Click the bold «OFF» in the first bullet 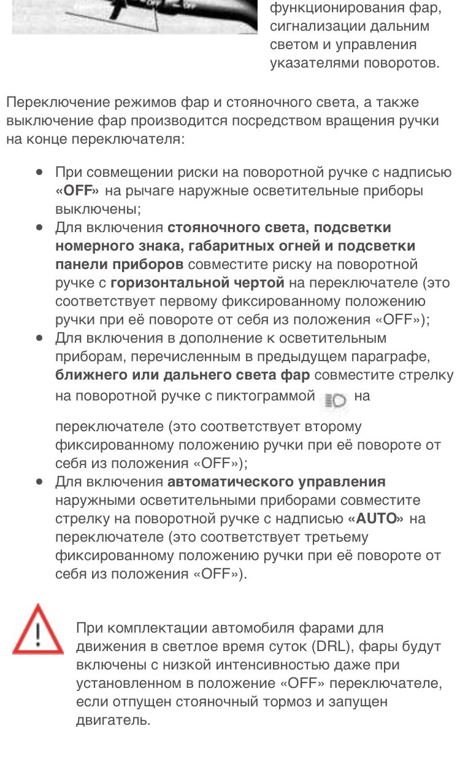tap(79, 190)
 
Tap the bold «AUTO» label tap(375, 518)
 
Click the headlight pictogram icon tap(334, 399)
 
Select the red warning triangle tap(38, 630)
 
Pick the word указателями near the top tap(315, 63)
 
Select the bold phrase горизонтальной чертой tap(197, 283)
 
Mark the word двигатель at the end tap(113, 720)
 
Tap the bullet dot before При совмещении tap(39, 173)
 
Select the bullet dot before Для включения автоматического tap(39, 482)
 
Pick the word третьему tap(334, 537)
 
